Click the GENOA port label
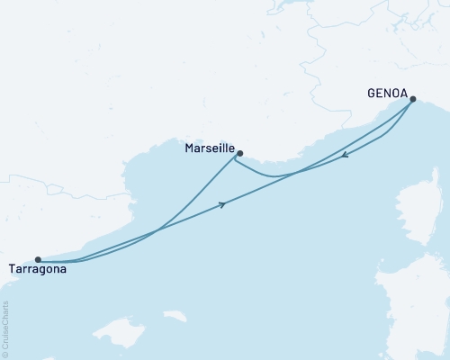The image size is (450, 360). tap(388, 92)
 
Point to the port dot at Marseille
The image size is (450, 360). tap(239, 153)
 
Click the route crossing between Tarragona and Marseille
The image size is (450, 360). tap(157, 231)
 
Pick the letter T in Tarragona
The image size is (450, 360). tap(11, 268)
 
